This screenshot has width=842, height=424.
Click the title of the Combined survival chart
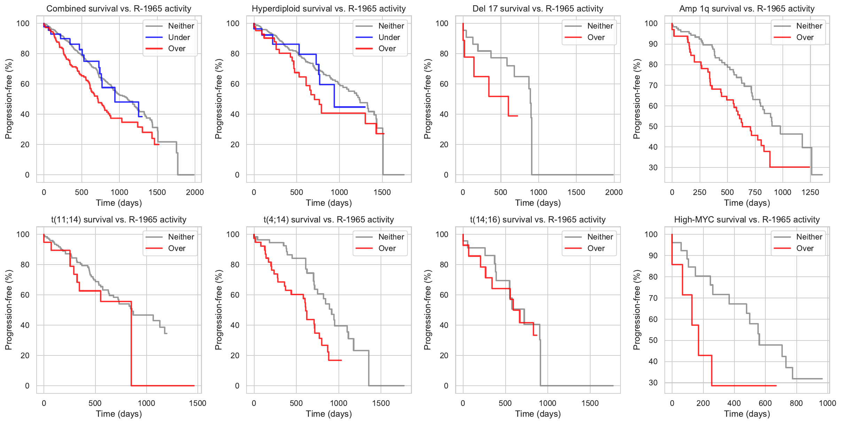click(x=119, y=9)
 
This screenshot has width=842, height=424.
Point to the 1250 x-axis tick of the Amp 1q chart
click(x=810, y=192)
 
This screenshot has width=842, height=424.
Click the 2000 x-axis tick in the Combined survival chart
click(x=195, y=192)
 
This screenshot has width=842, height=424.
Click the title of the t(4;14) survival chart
click(x=328, y=220)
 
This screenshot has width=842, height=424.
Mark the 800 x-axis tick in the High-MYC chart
click(x=796, y=403)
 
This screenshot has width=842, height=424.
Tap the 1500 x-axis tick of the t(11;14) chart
click(x=197, y=403)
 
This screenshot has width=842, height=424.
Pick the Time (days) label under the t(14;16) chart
click(x=538, y=414)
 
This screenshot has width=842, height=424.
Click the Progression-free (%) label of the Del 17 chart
click(x=428, y=99)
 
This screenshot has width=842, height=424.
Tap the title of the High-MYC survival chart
click(x=747, y=220)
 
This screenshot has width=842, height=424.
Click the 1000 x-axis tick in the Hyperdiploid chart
click(x=339, y=192)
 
